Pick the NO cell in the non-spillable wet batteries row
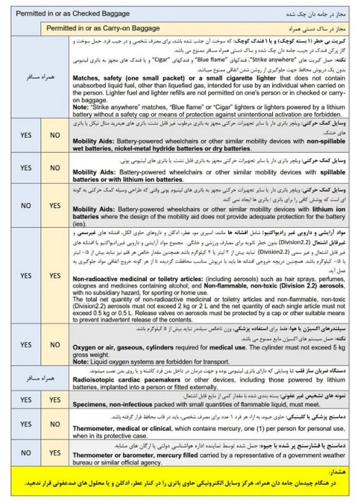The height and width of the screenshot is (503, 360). click(x=55, y=135)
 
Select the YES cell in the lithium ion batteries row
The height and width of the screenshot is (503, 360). click(x=55, y=205)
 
